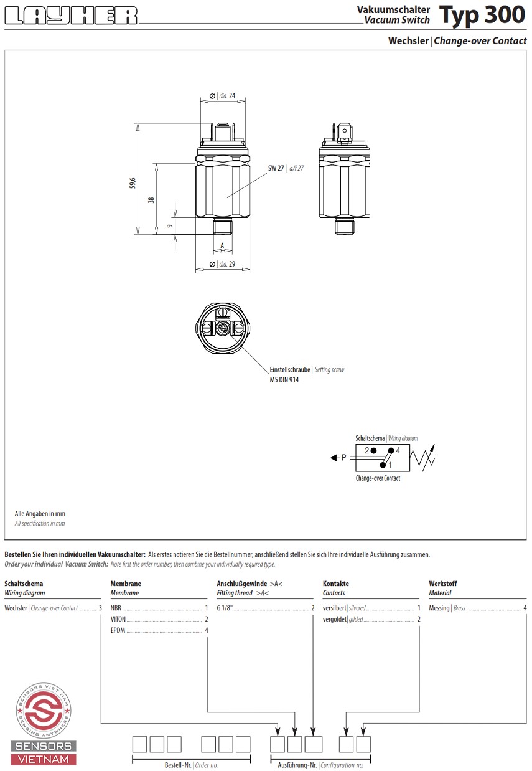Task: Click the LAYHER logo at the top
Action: pyautogui.click(x=71, y=16)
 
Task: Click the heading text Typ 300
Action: pyautogui.click(x=482, y=16)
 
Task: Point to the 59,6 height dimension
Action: pyautogui.click(x=133, y=183)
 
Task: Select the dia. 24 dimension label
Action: pyautogui.click(x=223, y=96)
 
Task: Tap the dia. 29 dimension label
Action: pyautogui.click(x=223, y=264)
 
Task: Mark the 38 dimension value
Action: pyautogui.click(x=151, y=200)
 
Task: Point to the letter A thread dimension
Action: pyautogui.click(x=222, y=245)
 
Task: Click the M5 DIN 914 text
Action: pyautogui.click(x=284, y=380)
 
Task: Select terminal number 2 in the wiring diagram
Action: pyautogui.click(x=366, y=450)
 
